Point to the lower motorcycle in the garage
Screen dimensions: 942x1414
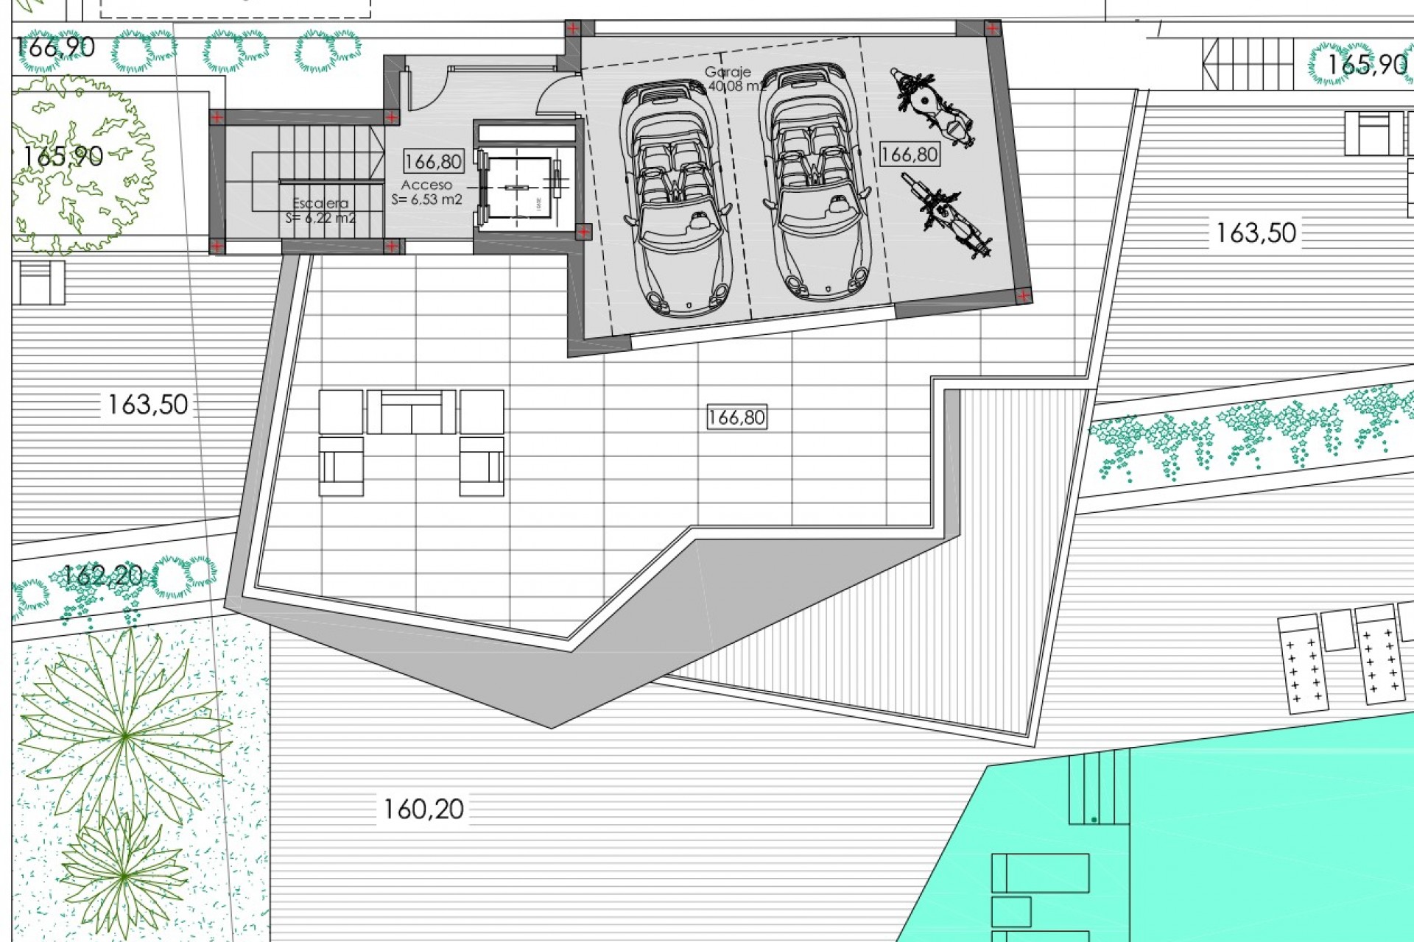947,214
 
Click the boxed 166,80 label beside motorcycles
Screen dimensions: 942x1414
910,155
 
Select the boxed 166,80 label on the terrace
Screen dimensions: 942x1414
736,417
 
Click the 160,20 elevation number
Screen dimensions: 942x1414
423,810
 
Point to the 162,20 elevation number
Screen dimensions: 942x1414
103,576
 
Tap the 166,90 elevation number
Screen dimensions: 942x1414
55,47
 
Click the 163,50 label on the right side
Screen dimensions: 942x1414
1256,233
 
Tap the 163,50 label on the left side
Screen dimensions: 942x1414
148,405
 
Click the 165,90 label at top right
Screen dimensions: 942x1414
1366,65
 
